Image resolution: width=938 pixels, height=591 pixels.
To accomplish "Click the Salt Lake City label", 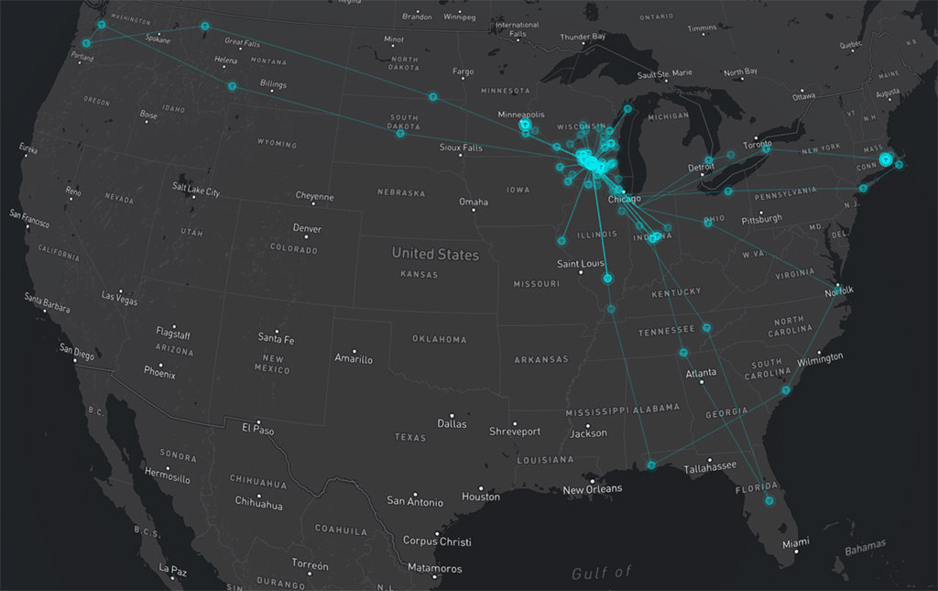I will pyautogui.click(x=196, y=192).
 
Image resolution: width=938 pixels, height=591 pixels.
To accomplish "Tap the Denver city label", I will pyautogui.click(x=307, y=228).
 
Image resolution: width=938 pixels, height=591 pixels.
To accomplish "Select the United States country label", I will pyautogui.click(x=435, y=254).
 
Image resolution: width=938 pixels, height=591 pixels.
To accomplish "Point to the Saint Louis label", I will pyautogui.click(x=581, y=264).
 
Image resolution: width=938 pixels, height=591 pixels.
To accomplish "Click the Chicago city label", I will pyautogui.click(x=625, y=199).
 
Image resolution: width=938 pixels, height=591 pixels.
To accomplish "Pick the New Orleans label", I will pyautogui.click(x=592, y=488).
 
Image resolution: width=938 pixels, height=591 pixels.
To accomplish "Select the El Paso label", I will pyautogui.click(x=257, y=428).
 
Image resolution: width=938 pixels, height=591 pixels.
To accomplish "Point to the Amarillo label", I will pyautogui.click(x=354, y=359).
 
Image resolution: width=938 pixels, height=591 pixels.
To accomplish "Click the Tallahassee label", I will pyautogui.click(x=710, y=466).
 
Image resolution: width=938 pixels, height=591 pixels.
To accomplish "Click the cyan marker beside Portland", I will pyautogui.click(x=86, y=43).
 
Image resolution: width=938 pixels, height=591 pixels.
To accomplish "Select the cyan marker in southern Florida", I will pyautogui.click(x=769, y=500).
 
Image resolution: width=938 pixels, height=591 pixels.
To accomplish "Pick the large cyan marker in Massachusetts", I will pyautogui.click(x=885, y=159).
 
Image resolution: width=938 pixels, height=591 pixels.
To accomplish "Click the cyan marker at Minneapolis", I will pyautogui.click(x=525, y=125).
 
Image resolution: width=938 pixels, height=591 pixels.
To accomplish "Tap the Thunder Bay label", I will pyautogui.click(x=583, y=37).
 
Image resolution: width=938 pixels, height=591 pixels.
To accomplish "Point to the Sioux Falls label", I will pyautogui.click(x=460, y=148).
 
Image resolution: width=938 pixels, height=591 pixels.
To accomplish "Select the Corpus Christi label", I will pyautogui.click(x=437, y=541).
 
